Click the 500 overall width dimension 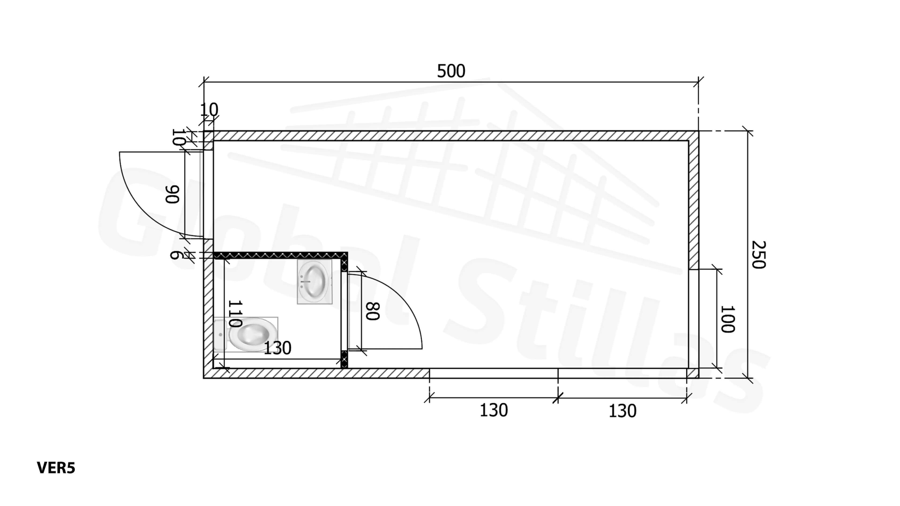(451, 71)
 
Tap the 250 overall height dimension (758, 255)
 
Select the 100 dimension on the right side (727, 319)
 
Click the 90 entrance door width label (172, 194)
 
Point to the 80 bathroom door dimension (372, 311)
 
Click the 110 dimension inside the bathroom (235, 313)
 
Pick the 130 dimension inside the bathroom (277, 348)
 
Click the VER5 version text (56, 468)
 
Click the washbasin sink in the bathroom (315, 281)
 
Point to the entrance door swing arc (141, 211)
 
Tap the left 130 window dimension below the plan (494, 410)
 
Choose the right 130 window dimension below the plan (622, 411)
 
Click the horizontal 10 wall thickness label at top (209, 110)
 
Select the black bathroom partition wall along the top (279, 255)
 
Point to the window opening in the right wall (693, 318)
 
